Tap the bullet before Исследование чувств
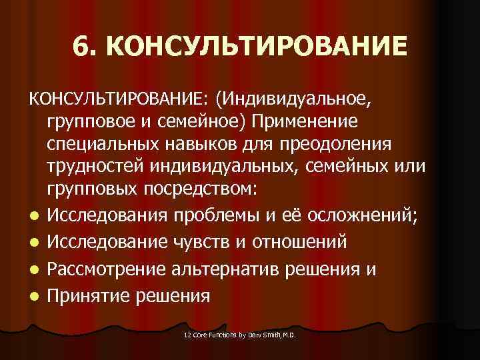tap(33, 242)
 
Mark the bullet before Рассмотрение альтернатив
tap(33, 270)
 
